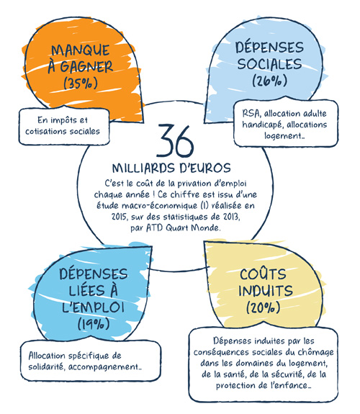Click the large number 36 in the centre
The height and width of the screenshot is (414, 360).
[x=176, y=141]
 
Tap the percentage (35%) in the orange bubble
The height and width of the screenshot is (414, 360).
[x=81, y=84]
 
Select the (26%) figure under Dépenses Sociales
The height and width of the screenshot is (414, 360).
[x=269, y=80]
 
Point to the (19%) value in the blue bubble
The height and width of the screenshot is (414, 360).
[x=94, y=323]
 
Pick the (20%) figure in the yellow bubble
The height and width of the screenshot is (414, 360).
[x=263, y=307]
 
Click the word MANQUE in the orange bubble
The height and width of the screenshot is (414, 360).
[x=81, y=50]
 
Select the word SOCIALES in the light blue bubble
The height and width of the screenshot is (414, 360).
[x=269, y=64]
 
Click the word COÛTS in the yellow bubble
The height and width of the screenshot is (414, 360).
[x=263, y=274]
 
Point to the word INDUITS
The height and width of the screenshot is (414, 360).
[x=266, y=290]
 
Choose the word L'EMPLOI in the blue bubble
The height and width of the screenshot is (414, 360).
[x=93, y=307]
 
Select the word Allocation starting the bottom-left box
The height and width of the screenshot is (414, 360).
[x=47, y=356]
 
